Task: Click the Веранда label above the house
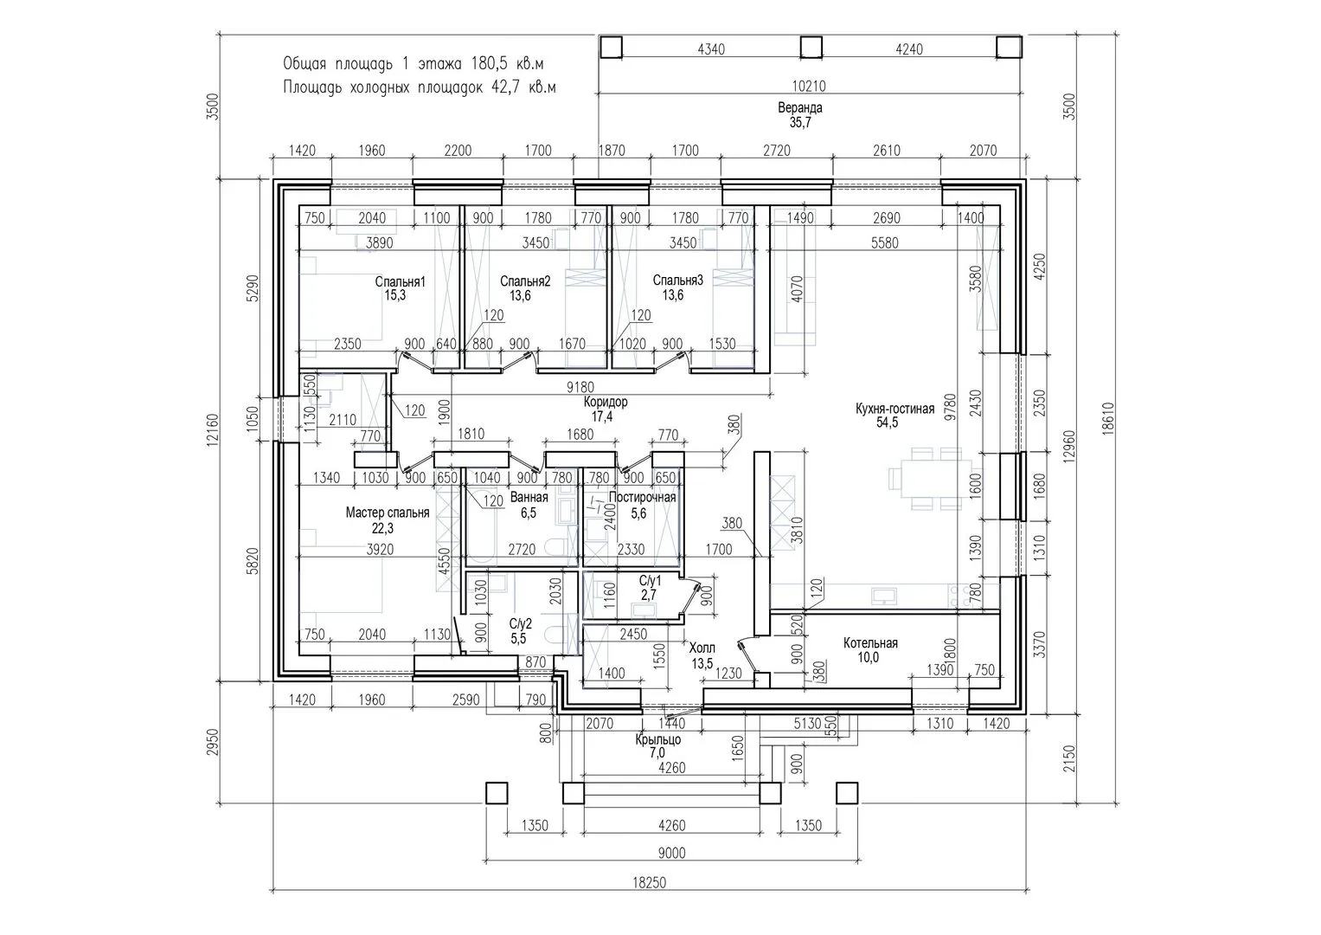click(x=799, y=108)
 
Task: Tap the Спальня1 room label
click(x=400, y=281)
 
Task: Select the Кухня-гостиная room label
click(x=895, y=409)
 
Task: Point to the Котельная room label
click(x=870, y=642)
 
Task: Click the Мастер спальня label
click(x=388, y=513)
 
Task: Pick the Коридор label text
click(x=606, y=402)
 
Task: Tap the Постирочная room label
click(x=642, y=497)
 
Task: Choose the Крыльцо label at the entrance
click(x=658, y=739)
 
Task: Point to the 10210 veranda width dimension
click(x=809, y=87)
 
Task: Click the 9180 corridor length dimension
click(x=580, y=387)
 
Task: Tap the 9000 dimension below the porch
click(x=671, y=853)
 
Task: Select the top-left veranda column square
click(x=612, y=48)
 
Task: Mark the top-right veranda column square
click(x=1009, y=48)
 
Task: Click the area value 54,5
click(x=887, y=422)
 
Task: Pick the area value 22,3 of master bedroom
click(x=382, y=528)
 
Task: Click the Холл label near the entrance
click(x=702, y=648)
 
